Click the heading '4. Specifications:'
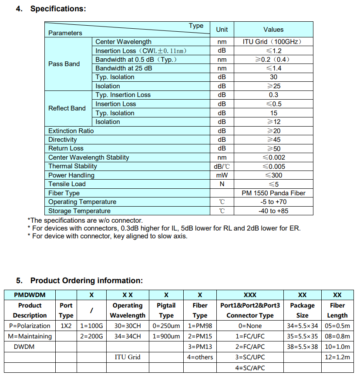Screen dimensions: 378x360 (51, 9)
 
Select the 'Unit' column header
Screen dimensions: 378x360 (222, 30)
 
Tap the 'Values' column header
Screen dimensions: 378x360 (273, 30)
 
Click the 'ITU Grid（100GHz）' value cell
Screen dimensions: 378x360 (273, 42)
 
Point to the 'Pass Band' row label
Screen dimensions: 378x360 (64, 64)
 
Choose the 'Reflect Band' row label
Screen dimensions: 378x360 (67, 108)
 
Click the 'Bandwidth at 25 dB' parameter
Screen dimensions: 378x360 (124, 68)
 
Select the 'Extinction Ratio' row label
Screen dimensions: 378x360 (71, 130)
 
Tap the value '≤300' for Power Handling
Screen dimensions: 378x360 (273, 175)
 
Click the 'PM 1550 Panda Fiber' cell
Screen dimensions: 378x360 (273, 193)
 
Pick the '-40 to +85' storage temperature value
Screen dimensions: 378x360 (273, 211)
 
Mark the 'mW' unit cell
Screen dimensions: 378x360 (222, 175)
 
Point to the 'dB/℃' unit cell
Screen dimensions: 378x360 (222, 166)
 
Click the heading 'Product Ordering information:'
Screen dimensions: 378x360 (86, 281)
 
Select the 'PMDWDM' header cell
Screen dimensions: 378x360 (30, 295)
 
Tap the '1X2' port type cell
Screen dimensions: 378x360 (66, 325)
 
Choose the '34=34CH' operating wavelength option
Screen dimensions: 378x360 (128, 336)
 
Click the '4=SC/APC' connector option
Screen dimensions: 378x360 (250, 368)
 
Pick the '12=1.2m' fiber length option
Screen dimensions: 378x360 (337, 357)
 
